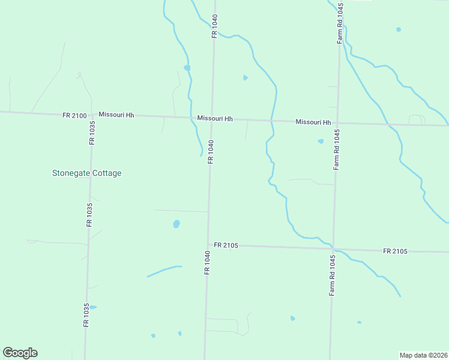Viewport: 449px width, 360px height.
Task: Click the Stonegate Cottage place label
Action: tap(86, 173)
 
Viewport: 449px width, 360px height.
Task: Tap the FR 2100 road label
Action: tap(74, 115)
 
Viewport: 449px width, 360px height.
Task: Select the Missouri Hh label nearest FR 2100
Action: tap(116, 115)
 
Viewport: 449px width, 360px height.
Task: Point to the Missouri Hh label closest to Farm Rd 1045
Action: tap(313, 122)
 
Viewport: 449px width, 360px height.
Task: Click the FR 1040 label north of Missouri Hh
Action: tap(214, 27)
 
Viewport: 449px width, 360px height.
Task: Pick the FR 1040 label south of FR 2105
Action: tap(207, 263)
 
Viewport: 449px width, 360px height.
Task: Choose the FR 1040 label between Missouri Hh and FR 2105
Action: tap(211, 152)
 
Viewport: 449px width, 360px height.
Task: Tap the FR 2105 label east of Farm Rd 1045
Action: tap(395, 251)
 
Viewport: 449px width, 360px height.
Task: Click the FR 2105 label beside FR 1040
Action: tap(226, 245)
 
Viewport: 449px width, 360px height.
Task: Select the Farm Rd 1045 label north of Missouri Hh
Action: tap(340, 23)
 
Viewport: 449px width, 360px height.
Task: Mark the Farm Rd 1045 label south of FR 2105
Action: tap(331, 275)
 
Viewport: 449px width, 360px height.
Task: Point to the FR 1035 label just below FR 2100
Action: tap(92, 133)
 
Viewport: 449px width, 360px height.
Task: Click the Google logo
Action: tap(20, 353)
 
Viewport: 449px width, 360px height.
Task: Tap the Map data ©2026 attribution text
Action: tap(423, 355)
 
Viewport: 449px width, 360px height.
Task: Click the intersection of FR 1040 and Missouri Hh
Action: tap(212, 118)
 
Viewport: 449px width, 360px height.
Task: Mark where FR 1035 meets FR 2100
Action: tap(92, 114)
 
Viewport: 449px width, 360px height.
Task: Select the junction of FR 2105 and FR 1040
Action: tap(208, 245)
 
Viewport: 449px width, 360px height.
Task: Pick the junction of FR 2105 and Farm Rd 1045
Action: tap(333, 248)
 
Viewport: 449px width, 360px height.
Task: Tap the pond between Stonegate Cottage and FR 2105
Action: tap(176, 224)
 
